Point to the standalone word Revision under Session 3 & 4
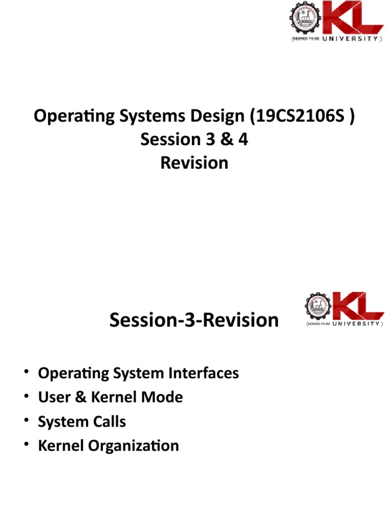194,163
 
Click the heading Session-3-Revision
194,320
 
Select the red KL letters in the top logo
354,19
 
